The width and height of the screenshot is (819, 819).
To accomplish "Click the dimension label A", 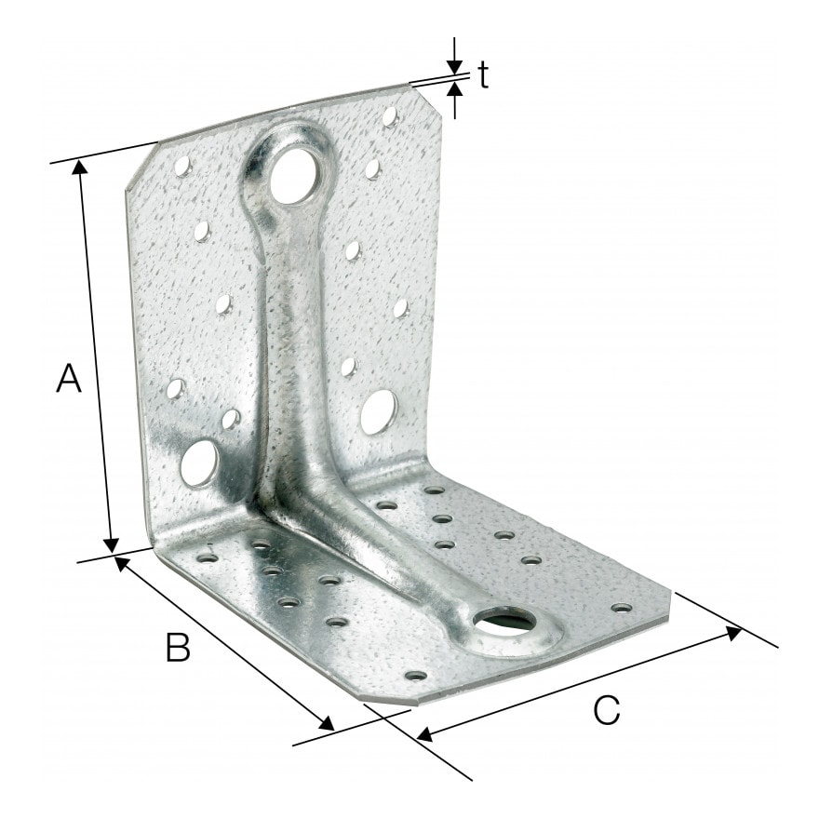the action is click(x=69, y=378).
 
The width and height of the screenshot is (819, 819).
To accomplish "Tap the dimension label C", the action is click(x=607, y=709).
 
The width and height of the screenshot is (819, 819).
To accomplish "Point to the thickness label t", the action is click(x=484, y=75).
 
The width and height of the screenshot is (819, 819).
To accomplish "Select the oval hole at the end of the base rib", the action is click(x=505, y=621).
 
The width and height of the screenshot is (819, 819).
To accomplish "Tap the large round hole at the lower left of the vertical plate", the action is click(x=199, y=463).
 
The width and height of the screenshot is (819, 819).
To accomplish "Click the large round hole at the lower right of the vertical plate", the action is click(x=379, y=412).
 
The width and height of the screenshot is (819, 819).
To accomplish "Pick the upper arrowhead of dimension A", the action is click(x=80, y=168).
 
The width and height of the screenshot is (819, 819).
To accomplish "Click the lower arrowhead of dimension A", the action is click(x=111, y=545).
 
